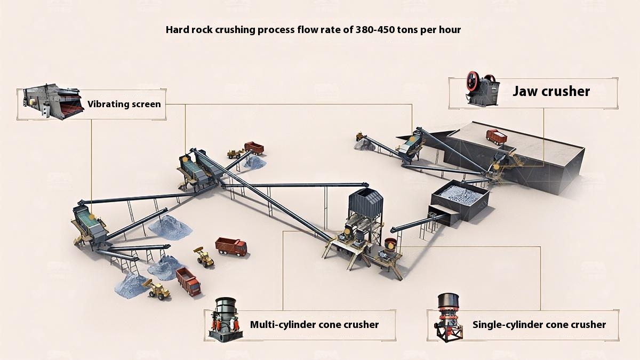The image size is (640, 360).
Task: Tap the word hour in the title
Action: click(x=450, y=30)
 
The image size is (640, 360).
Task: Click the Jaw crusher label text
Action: click(x=551, y=91)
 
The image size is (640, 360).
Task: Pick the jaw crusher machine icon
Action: click(x=483, y=89)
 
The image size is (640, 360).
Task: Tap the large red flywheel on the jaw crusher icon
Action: click(x=473, y=81)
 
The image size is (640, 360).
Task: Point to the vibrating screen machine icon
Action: click(x=53, y=101)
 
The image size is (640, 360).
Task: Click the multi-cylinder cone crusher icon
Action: click(x=226, y=319)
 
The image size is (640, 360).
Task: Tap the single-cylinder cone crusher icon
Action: click(x=449, y=317)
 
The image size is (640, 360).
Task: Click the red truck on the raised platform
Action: click(x=497, y=137)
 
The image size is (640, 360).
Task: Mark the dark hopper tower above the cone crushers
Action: click(x=366, y=203)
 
